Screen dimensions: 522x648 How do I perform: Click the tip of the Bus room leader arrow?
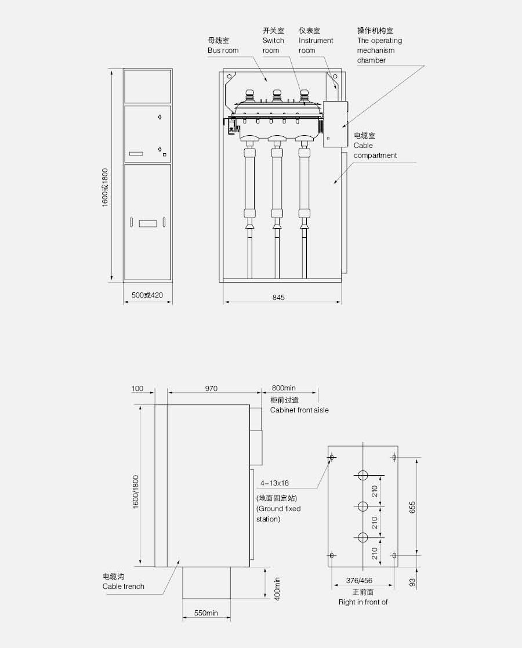tap(267, 81)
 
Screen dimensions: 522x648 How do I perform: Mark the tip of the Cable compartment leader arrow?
tap(334, 183)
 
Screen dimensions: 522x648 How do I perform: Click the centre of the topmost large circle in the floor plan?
tap(363, 475)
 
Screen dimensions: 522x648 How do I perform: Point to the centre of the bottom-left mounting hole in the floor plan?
tap(331, 555)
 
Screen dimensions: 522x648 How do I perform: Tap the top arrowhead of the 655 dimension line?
tap(416, 458)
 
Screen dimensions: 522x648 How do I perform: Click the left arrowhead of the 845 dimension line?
tap(224, 302)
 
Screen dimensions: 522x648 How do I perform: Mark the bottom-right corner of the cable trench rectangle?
tap(230, 599)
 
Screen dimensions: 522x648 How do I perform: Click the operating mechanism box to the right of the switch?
tap(335, 124)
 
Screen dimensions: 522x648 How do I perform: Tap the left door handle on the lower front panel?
tap(132, 222)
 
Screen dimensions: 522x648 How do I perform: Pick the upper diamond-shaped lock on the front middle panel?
tap(159, 117)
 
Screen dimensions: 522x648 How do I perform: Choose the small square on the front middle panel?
tap(165, 155)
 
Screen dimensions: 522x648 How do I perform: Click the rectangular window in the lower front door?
tap(147, 223)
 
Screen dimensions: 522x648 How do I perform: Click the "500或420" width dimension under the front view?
tap(147, 295)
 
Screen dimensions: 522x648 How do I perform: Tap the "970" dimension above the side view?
tap(211, 389)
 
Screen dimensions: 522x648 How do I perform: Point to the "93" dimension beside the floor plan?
tap(412, 582)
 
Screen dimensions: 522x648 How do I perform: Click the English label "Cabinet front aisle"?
tap(299, 410)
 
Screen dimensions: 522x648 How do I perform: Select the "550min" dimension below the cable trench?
tap(206, 613)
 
